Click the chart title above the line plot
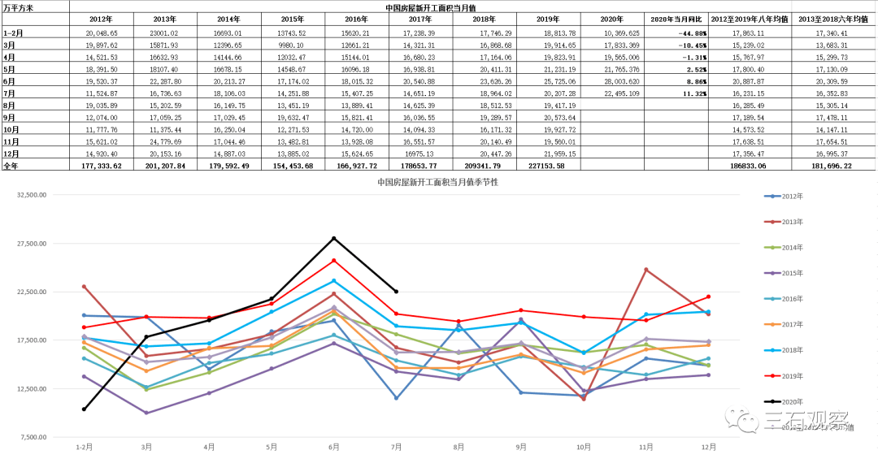point(437,182)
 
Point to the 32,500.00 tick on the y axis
point(29,195)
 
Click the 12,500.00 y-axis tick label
point(29,388)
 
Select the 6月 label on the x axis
point(333,447)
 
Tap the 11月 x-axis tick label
point(646,447)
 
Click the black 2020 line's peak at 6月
point(333,238)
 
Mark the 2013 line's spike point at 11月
point(646,270)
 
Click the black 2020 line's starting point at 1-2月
point(83,409)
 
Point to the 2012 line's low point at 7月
point(396,398)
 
